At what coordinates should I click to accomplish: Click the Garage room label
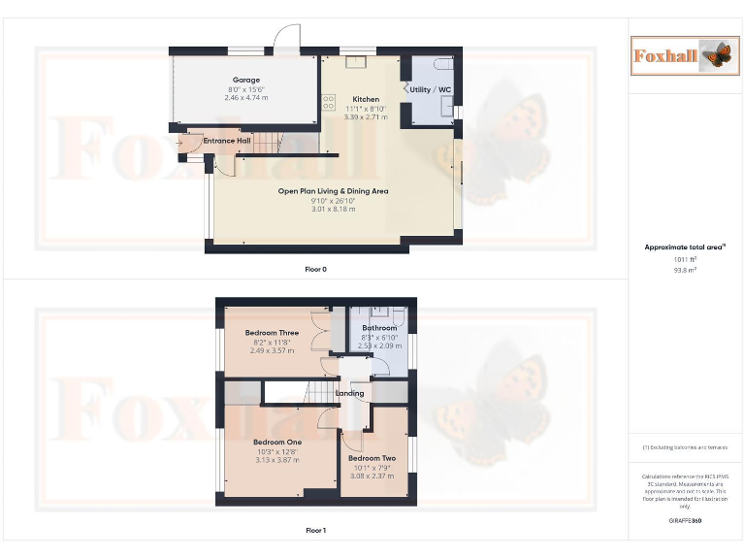(x=245, y=80)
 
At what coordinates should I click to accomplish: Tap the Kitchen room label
(x=366, y=99)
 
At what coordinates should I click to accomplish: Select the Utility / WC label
(x=431, y=89)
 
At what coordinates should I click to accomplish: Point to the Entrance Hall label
(x=227, y=141)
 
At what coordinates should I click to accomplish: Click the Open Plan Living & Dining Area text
(x=333, y=191)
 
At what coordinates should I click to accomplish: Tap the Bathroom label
(x=379, y=328)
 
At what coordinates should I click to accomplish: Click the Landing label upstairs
(x=349, y=393)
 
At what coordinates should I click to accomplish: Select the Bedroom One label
(x=277, y=443)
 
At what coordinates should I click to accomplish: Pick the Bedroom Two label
(x=372, y=458)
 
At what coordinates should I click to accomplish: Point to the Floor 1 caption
(x=315, y=531)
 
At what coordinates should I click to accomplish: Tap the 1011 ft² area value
(x=685, y=259)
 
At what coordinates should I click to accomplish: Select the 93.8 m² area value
(x=685, y=270)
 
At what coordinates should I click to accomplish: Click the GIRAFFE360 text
(x=685, y=521)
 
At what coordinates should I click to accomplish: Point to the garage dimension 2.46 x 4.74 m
(x=245, y=97)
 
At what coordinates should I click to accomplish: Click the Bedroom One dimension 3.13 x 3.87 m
(x=277, y=460)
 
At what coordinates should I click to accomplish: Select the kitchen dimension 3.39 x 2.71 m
(x=366, y=116)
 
